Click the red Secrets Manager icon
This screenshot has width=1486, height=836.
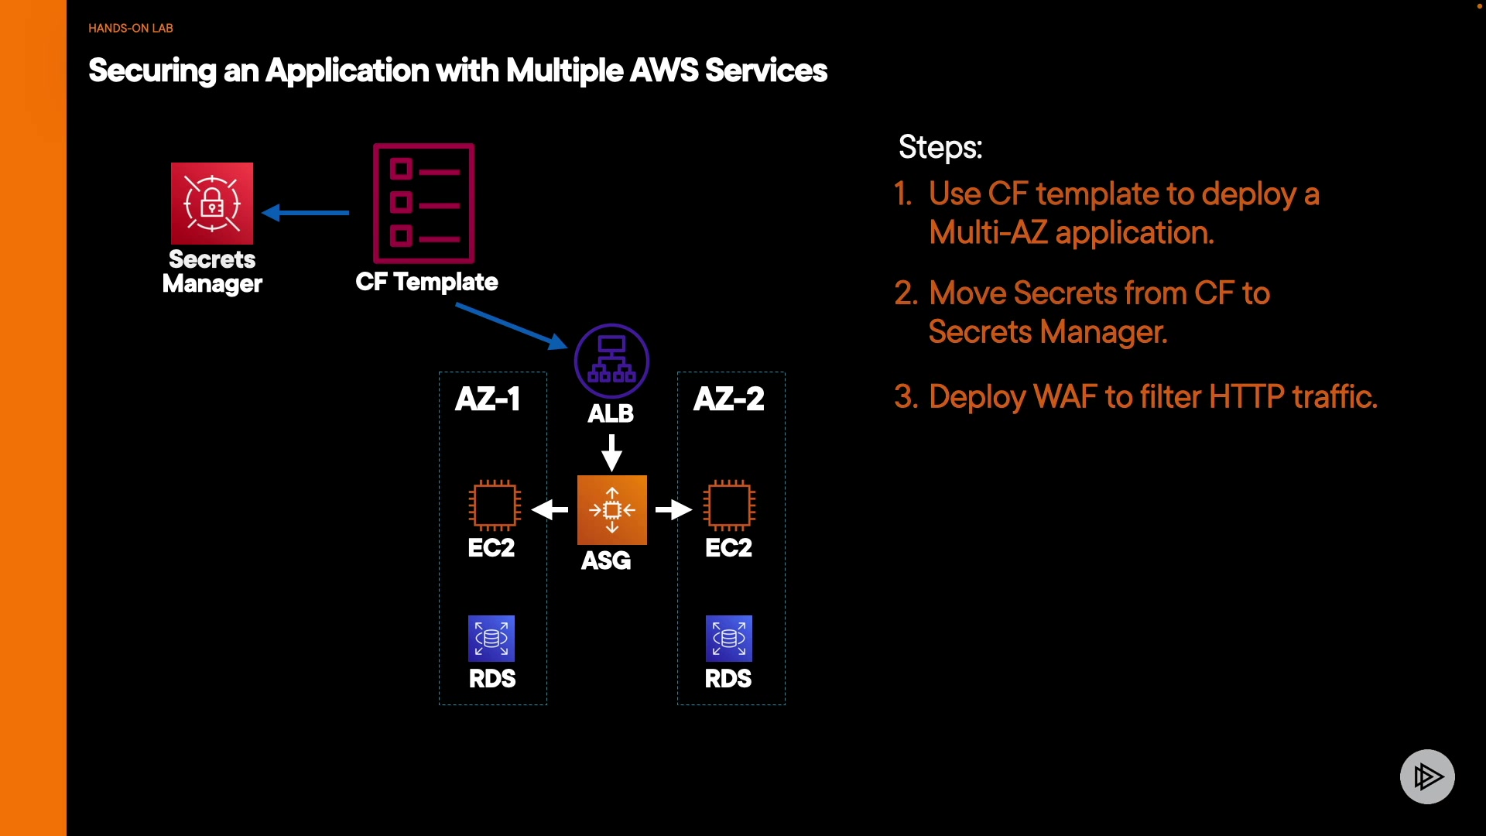(x=212, y=204)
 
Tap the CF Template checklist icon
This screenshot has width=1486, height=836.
(x=424, y=204)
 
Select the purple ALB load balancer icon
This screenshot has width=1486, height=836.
(x=611, y=361)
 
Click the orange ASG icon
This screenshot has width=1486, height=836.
(x=611, y=509)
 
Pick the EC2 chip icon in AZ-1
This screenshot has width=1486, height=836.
(x=494, y=505)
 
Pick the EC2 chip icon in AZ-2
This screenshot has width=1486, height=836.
(x=729, y=505)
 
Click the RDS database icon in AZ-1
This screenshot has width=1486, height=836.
(x=491, y=639)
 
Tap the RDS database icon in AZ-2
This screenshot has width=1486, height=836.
(x=729, y=639)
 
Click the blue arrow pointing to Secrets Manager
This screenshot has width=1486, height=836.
(x=306, y=212)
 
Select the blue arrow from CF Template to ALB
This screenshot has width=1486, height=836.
(x=511, y=326)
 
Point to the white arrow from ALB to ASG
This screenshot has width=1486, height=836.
(x=611, y=452)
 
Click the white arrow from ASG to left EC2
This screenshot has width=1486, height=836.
(x=550, y=509)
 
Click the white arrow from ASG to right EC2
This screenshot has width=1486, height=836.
(x=673, y=509)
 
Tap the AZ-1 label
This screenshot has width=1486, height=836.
(x=488, y=399)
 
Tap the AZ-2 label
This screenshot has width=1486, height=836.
(x=729, y=399)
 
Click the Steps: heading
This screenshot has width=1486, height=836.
(x=940, y=147)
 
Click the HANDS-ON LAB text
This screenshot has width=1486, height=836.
(x=131, y=28)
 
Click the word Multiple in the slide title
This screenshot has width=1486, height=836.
(x=564, y=70)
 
